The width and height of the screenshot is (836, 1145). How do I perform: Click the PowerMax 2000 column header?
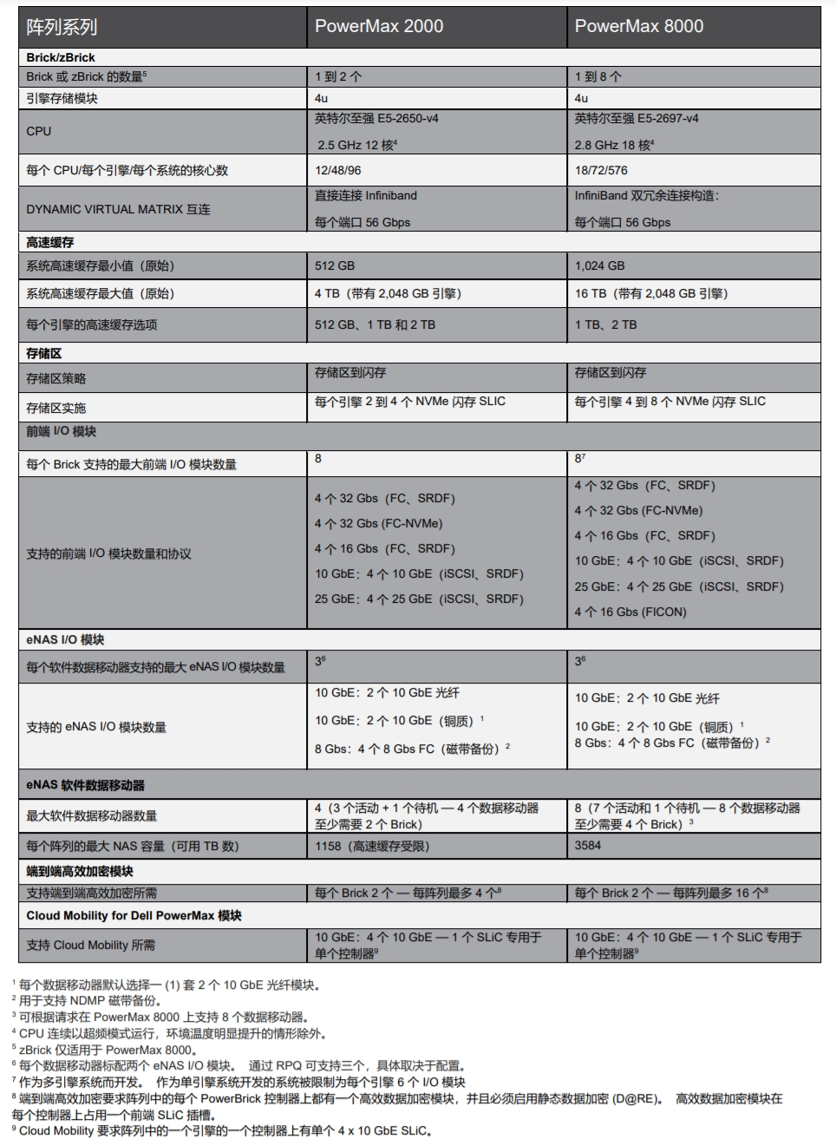point(379,27)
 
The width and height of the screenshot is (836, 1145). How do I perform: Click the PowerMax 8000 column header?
point(639,27)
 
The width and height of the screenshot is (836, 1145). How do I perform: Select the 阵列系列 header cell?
point(62,27)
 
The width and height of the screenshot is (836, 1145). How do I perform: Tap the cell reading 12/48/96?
point(338,171)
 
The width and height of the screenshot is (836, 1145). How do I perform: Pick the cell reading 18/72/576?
point(601,171)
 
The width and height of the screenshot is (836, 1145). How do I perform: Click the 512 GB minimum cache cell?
point(335,266)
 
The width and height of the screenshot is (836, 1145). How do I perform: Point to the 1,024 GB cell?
point(599,266)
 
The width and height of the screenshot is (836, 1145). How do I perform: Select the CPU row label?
point(39,131)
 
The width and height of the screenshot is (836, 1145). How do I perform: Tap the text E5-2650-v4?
point(408,118)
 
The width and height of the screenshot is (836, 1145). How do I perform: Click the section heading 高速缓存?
point(50,242)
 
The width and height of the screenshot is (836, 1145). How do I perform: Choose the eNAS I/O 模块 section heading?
point(65,639)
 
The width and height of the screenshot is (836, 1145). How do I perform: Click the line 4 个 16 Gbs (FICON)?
point(630,612)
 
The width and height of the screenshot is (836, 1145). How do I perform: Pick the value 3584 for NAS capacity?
point(588,845)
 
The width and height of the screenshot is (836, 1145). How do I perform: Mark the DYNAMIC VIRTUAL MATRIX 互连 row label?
point(118,209)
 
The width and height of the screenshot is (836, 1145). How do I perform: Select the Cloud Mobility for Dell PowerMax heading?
point(134,915)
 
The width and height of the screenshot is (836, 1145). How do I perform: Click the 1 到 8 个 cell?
point(598,76)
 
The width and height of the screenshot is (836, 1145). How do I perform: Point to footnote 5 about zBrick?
point(103,1050)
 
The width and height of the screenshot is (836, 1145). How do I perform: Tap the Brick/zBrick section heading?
point(61,57)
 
